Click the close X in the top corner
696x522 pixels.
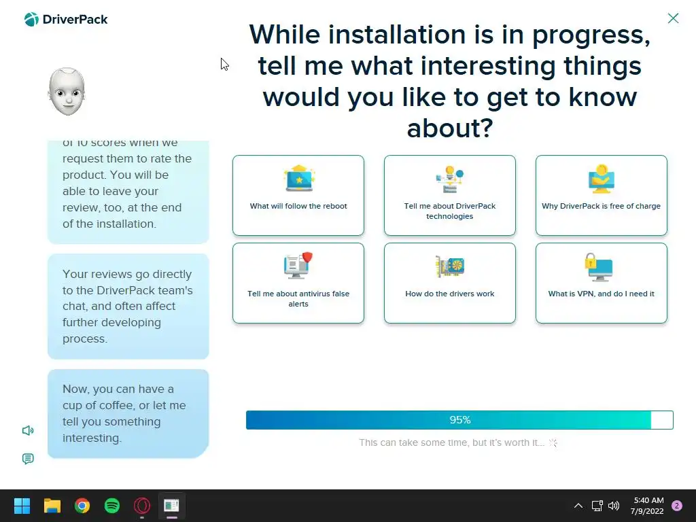tap(673, 18)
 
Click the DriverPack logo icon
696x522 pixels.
tap(31, 20)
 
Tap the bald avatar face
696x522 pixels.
tap(67, 92)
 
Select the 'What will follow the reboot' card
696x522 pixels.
tap(298, 195)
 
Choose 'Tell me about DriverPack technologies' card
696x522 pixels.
tap(450, 195)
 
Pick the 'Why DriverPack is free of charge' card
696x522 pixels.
tap(601, 195)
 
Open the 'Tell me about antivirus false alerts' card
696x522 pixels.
tap(298, 283)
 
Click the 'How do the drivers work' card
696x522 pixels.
tap(450, 283)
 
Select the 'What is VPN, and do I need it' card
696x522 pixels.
tap(601, 283)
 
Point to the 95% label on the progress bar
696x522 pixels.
tap(460, 420)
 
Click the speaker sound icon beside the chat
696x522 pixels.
tap(28, 430)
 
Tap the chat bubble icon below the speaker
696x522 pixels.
tap(28, 459)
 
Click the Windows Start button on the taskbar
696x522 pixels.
tap(22, 506)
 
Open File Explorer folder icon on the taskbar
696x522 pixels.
tap(52, 506)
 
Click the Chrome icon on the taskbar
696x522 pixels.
tap(82, 506)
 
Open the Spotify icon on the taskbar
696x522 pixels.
tap(112, 506)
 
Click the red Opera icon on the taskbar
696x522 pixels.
tap(142, 506)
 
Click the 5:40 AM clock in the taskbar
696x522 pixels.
tap(648, 500)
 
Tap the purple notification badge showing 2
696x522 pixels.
tap(677, 506)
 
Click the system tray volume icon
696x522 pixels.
tap(614, 506)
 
